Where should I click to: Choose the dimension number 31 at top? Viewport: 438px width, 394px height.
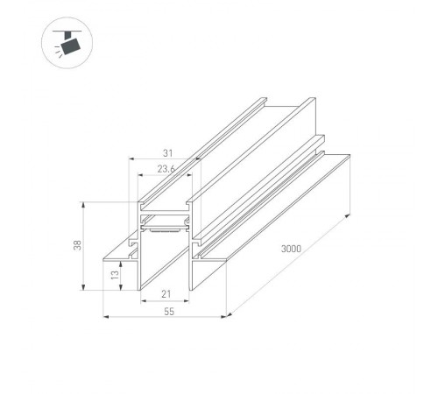[x=164, y=150]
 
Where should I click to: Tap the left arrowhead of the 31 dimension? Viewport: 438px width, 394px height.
[x=131, y=160]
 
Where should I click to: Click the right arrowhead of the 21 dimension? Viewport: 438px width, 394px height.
[x=191, y=306]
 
